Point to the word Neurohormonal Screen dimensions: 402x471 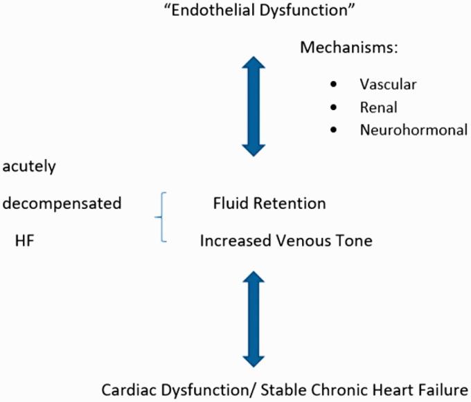pyautogui.click(x=414, y=129)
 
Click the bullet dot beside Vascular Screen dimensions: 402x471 pyautogui.click(x=334, y=84)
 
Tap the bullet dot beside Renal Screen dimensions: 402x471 pyautogui.click(x=334, y=107)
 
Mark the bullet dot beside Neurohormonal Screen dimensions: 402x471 pyautogui.click(x=334, y=129)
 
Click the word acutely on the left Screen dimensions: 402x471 pyautogui.click(x=29, y=167)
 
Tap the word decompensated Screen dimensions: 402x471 pyautogui.click(x=62, y=203)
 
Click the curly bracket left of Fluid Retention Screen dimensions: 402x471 pyautogui.click(x=161, y=217)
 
